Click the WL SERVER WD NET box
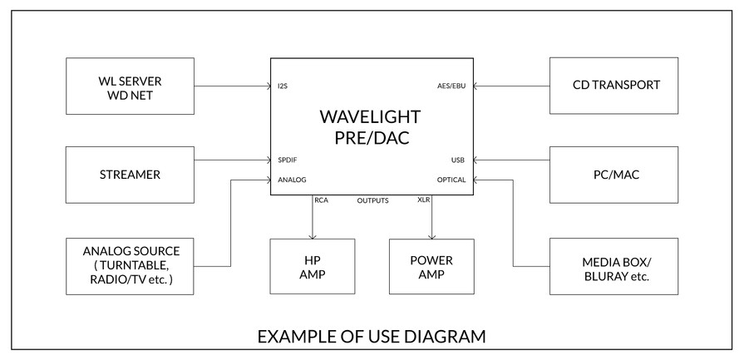(x=130, y=86)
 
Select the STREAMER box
(x=130, y=175)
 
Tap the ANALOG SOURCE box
(x=130, y=266)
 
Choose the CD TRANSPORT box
(x=614, y=86)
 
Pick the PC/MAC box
(x=614, y=175)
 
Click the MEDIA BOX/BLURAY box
(x=614, y=266)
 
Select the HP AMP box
(x=313, y=266)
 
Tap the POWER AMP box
(x=431, y=266)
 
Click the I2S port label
(x=283, y=86)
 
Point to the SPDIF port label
(x=288, y=160)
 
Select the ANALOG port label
(x=292, y=180)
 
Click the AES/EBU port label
(x=451, y=86)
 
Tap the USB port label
(x=458, y=160)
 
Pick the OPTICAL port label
(x=451, y=180)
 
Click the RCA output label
(x=321, y=200)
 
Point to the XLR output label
(x=424, y=200)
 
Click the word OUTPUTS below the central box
(x=373, y=200)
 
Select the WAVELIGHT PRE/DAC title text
(x=370, y=126)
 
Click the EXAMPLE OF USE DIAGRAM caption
(x=372, y=336)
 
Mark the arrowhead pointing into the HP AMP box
(x=313, y=236)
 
